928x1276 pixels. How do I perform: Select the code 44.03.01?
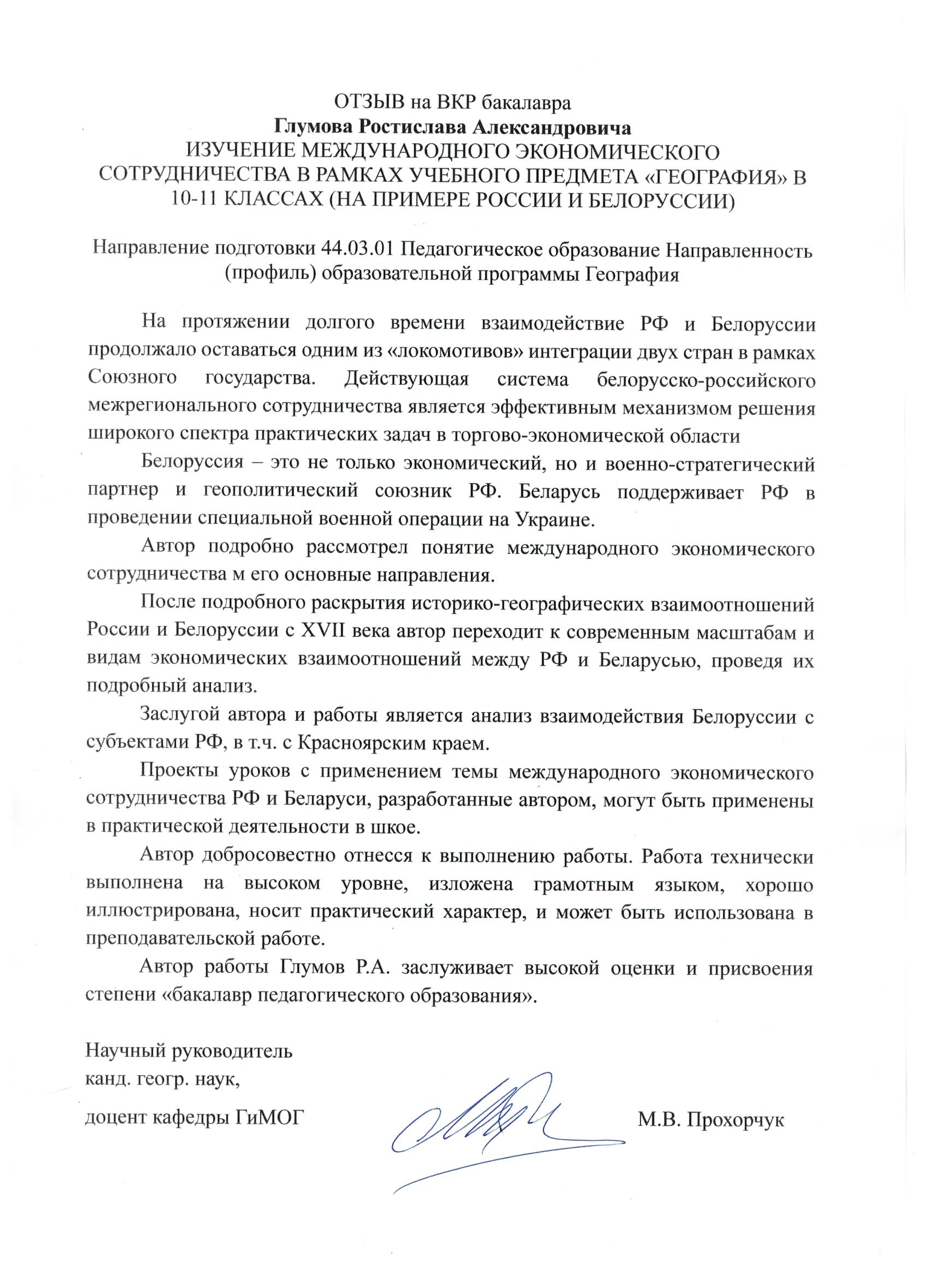tap(358, 249)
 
